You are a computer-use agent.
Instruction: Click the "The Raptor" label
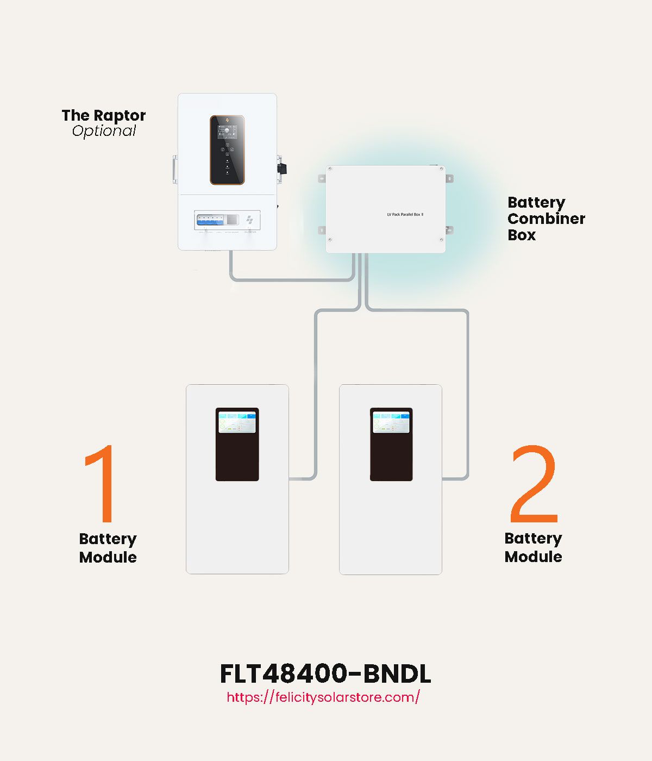pos(103,115)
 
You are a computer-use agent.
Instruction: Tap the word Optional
pos(104,131)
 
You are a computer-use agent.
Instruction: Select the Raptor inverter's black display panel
pos(227,150)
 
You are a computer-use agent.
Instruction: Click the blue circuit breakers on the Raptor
pos(210,220)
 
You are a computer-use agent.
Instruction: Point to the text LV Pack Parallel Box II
pos(405,215)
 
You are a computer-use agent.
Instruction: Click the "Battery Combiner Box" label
pos(546,219)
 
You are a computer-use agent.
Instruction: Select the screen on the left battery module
pos(237,422)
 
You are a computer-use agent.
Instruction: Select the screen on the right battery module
pos(391,422)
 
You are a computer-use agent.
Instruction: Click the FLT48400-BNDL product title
pos(325,674)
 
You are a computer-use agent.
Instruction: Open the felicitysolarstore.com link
pos(323,697)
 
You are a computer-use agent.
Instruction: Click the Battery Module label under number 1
pos(108,548)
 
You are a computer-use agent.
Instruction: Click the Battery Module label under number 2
pos(533,547)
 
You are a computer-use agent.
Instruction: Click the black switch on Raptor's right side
pos(281,167)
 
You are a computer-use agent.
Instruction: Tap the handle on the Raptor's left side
pos(175,169)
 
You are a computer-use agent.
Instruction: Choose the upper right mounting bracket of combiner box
pos(449,178)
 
